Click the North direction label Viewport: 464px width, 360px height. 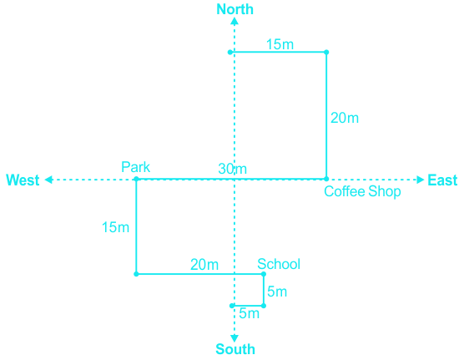[235, 9]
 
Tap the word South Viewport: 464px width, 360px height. [235, 349]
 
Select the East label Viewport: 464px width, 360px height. [442, 180]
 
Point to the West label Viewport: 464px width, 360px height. [23, 180]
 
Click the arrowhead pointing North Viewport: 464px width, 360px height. [235, 21]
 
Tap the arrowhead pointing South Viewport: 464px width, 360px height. [235, 338]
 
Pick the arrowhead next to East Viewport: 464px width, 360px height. [421, 180]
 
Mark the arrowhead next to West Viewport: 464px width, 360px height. [48, 180]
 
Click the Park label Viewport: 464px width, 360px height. [135, 167]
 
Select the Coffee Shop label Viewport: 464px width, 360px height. [362, 191]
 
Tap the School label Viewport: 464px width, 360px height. [279, 264]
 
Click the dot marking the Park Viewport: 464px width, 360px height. [136, 179]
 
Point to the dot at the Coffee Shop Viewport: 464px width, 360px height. [326, 179]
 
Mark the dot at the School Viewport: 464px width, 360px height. [264, 274]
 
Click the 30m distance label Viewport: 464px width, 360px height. [232, 169]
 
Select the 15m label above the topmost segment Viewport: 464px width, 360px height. [280, 44]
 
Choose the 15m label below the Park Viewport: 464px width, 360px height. [115, 227]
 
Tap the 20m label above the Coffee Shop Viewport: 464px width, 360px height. [345, 118]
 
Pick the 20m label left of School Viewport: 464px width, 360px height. [204, 264]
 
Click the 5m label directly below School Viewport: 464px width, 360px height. [277, 292]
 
